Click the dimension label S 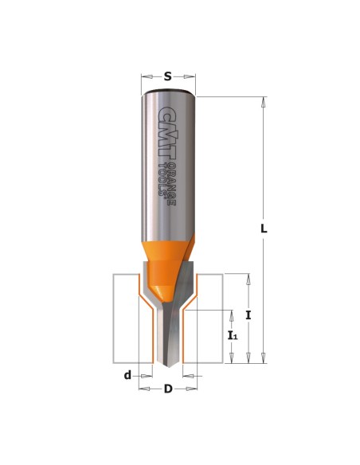[168, 76]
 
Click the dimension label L [264, 229]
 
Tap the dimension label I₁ [233, 336]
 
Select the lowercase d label [127, 376]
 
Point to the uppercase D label [168, 389]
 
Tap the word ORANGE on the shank [171, 184]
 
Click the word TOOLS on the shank [162, 179]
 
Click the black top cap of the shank [168, 90]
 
